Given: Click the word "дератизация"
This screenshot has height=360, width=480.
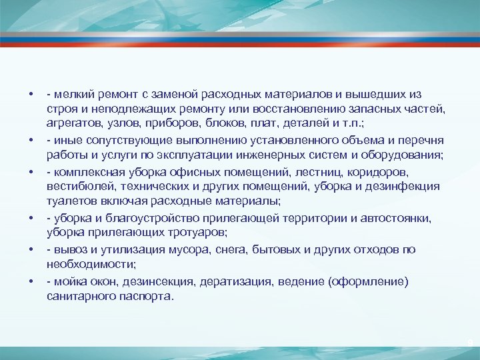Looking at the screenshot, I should pos(214,281).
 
